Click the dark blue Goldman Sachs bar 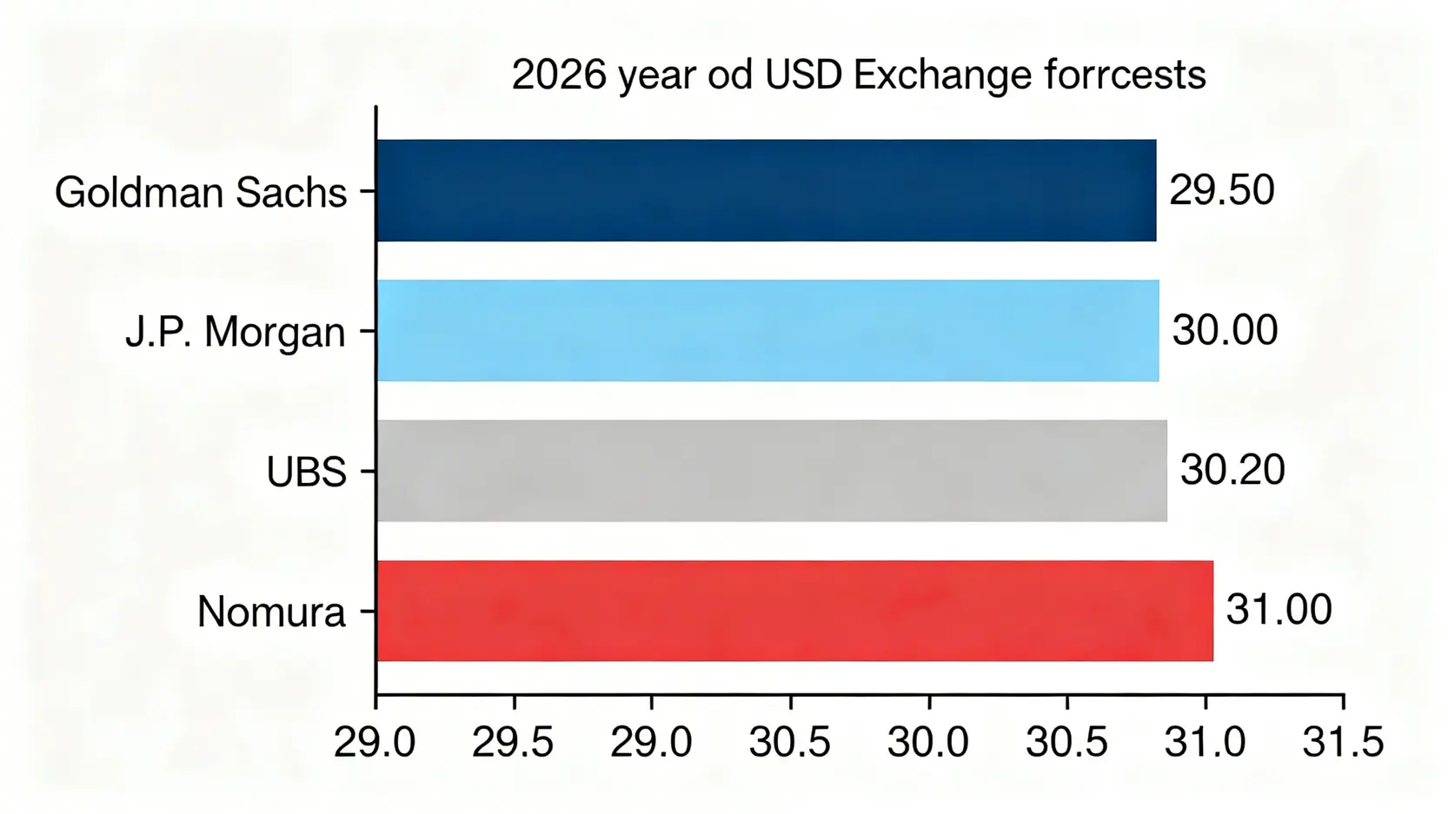click(x=766, y=190)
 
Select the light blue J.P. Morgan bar click(x=767, y=330)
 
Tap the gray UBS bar click(x=771, y=471)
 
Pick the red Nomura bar click(x=794, y=611)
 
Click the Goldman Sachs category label click(x=201, y=192)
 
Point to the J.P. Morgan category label click(x=236, y=332)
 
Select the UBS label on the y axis click(x=306, y=472)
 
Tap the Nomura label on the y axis click(x=271, y=612)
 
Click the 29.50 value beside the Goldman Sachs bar click(x=1221, y=190)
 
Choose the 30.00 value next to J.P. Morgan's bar click(x=1225, y=330)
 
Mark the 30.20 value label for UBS click(x=1232, y=470)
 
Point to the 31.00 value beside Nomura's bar click(x=1279, y=610)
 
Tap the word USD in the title click(x=803, y=76)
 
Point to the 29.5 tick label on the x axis click(x=513, y=743)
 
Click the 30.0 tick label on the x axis click(x=928, y=743)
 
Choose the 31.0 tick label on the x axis click(x=1205, y=743)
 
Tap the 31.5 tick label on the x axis click(x=1343, y=743)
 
